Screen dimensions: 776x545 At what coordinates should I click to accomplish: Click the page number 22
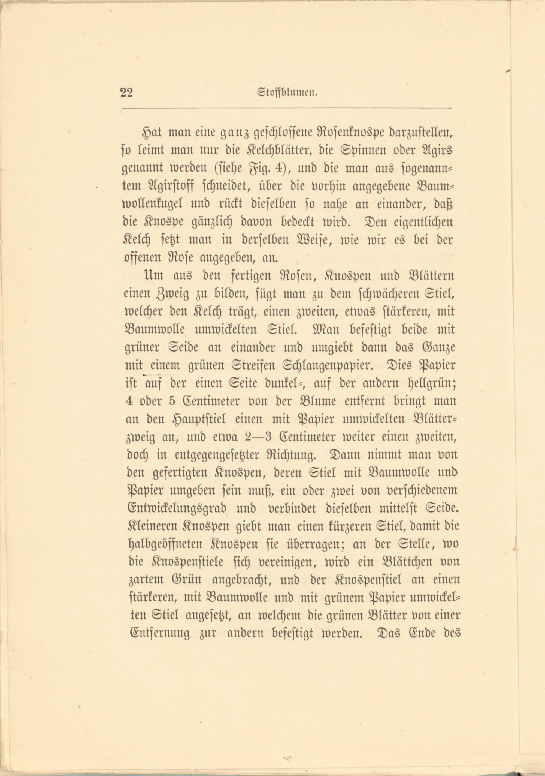tap(126, 92)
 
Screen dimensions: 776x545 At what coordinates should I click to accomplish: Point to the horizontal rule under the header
tap(287, 109)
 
